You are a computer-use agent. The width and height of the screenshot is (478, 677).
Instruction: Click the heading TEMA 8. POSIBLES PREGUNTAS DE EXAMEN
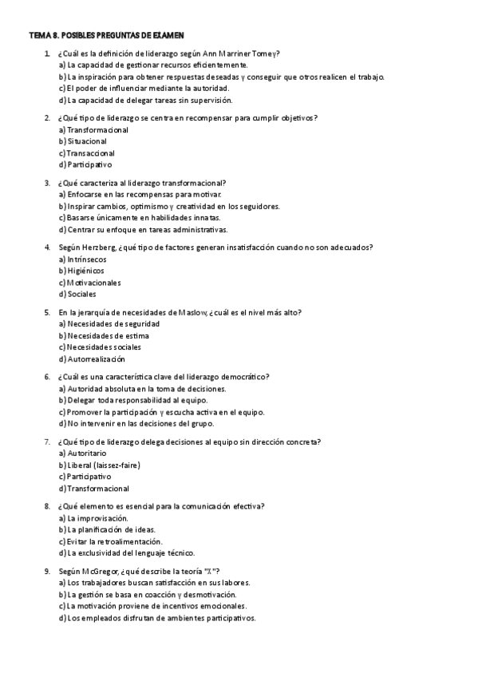[107, 35]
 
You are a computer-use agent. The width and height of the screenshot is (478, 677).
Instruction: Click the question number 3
[47, 183]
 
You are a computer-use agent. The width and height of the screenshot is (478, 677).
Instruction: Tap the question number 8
[47, 506]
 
